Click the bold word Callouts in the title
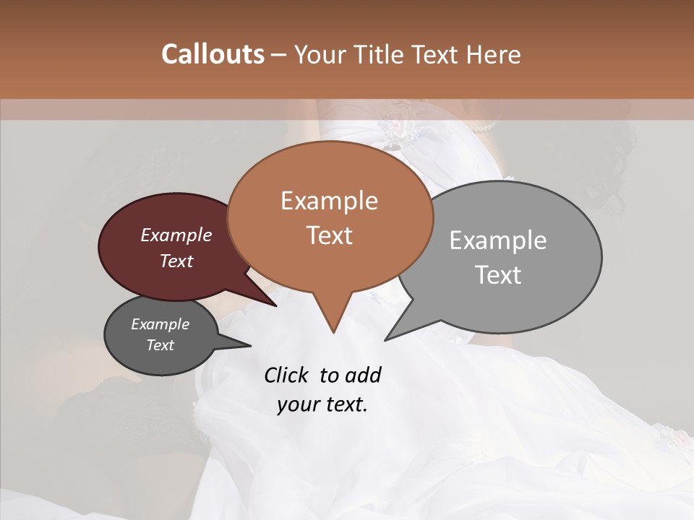[213, 54]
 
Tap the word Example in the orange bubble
[329, 201]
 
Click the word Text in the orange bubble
[329, 235]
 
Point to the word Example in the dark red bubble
[176, 235]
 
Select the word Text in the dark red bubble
[176, 261]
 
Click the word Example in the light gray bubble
[498, 240]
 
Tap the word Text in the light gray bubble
[498, 275]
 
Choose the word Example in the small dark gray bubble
[160, 324]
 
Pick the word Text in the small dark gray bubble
[160, 345]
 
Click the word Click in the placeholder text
[287, 375]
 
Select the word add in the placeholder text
[362, 375]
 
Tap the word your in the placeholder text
[297, 404]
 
